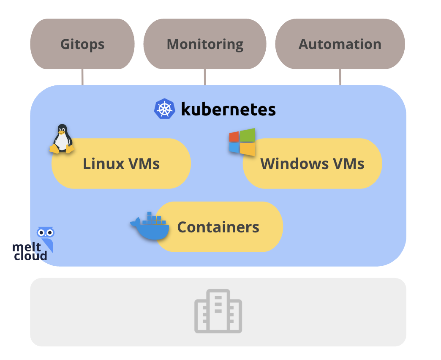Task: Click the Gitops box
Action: click(x=82, y=44)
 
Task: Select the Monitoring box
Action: click(x=205, y=44)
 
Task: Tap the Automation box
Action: click(x=340, y=44)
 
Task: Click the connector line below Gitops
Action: click(x=82, y=77)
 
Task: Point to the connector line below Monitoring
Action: click(x=205, y=77)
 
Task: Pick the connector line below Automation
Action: click(x=340, y=77)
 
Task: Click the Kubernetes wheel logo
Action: click(x=164, y=109)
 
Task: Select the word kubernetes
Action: click(x=228, y=109)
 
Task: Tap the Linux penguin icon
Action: click(x=62, y=139)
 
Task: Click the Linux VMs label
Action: click(x=121, y=164)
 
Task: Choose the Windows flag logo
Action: click(x=242, y=142)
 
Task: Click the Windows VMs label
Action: click(x=312, y=164)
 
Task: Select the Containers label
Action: click(x=218, y=227)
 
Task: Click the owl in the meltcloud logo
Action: click(x=46, y=237)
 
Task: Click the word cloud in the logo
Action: click(x=30, y=256)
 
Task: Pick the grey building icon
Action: click(x=218, y=311)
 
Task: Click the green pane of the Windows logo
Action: click(x=249, y=135)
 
